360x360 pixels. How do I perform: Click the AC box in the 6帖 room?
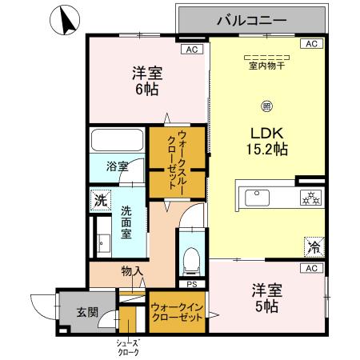tap(190, 49)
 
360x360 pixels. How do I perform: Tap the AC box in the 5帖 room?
tap(311, 268)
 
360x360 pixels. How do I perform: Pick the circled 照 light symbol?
tap(266, 105)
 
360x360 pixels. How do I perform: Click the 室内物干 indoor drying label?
tap(266, 62)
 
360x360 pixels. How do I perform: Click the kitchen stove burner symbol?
tap(307, 198)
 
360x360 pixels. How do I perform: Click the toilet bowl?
tap(190, 258)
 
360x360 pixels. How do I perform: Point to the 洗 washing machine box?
tap(100, 201)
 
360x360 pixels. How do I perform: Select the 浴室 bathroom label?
tap(118, 166)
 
